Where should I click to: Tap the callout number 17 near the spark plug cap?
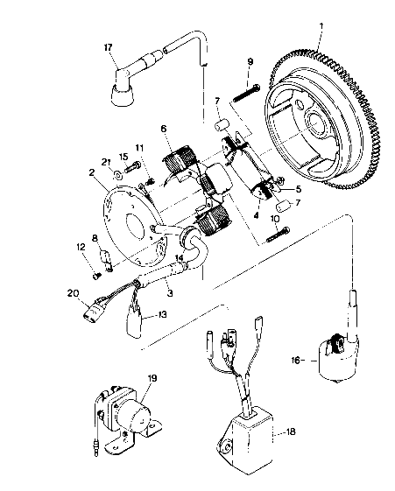click(108, 47)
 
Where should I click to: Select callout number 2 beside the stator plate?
click(92, 172)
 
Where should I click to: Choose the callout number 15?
click(123, 157)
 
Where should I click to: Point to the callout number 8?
click(95, 238)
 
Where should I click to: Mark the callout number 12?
click(81, 250)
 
